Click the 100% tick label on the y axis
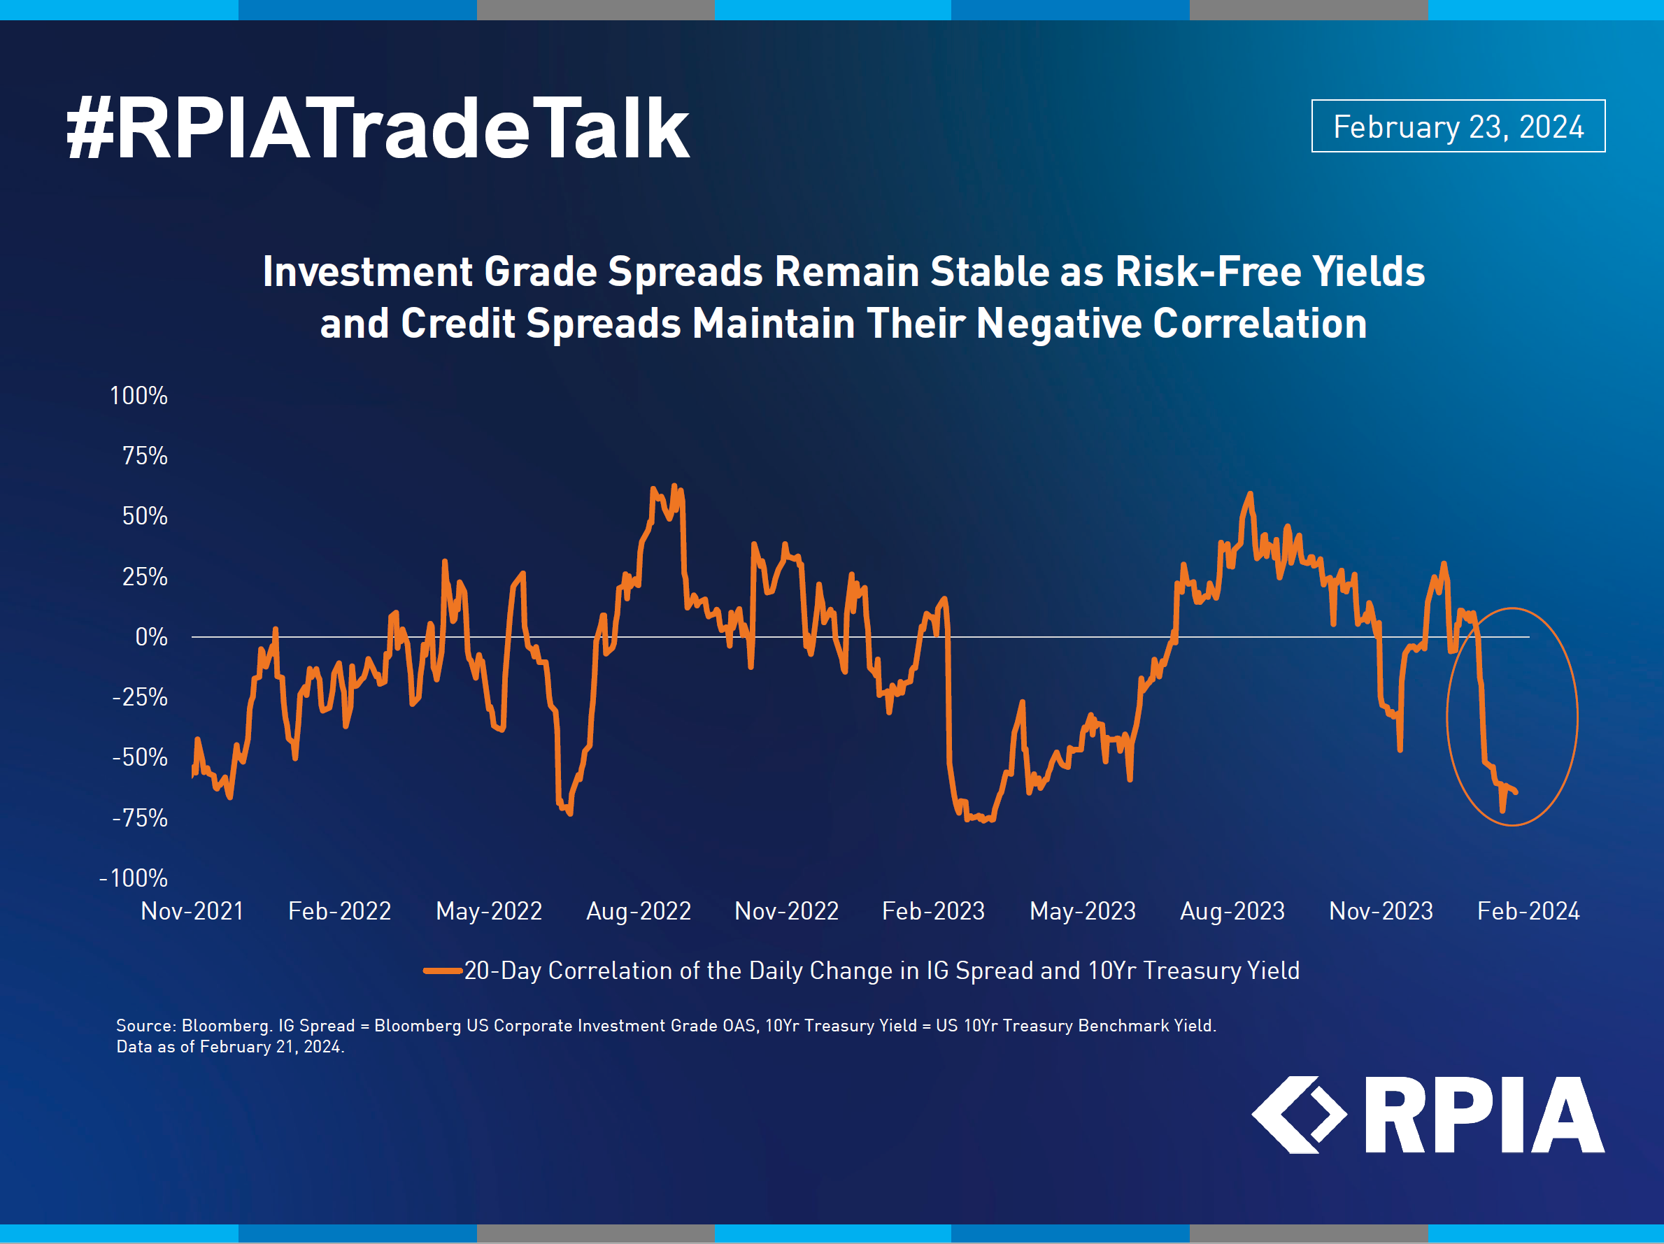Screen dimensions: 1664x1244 point(138,396)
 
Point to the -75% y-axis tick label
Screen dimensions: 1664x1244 point(140,817)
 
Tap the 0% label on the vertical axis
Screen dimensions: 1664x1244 point(151,637)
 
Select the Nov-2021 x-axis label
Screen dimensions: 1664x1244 point(192,911)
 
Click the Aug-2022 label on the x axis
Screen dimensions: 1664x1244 point(639,911)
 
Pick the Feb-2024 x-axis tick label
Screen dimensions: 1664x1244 point(1528,911)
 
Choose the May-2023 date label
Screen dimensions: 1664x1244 point(1083,911)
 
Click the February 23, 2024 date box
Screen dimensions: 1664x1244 point(1458,127)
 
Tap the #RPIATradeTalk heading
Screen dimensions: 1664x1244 point(378,128)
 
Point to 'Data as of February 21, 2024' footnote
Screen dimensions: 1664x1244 point(230,1047)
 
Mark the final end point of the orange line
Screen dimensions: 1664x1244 point(1516,792)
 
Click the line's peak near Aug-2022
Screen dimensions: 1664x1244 point(674,486)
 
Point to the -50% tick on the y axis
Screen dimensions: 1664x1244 point(140,757)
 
